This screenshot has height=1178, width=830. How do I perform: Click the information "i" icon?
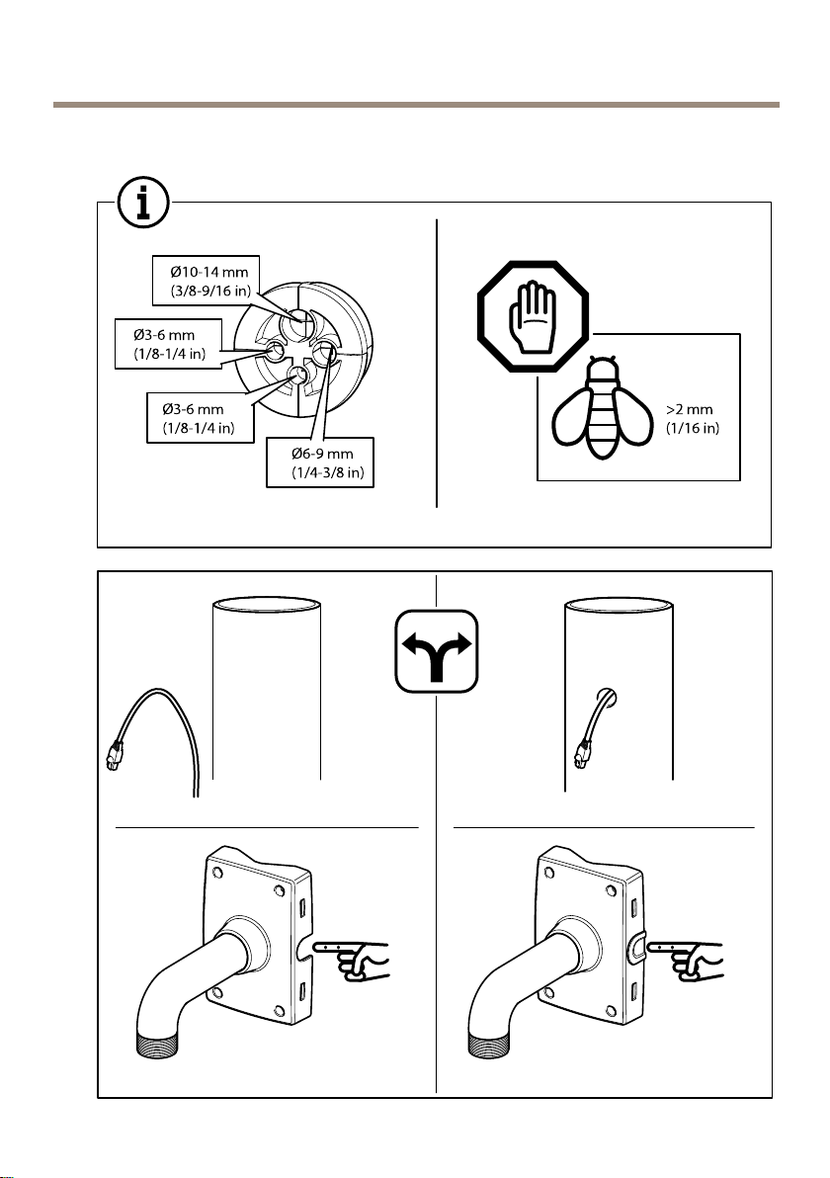coord(142,202)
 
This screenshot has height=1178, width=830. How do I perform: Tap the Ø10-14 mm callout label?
coord(206,281)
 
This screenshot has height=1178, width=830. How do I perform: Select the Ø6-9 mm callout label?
coord(320,463)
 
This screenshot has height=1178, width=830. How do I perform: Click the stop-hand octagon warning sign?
coord(533,317)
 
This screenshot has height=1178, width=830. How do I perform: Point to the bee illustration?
coord(601,408)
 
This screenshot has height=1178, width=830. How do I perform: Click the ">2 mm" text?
coord(690,409)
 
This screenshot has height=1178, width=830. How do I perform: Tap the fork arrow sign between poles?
coord(437,650)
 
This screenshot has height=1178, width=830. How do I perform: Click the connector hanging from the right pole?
coord(581,753)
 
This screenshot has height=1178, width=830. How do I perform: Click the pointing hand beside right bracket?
coord(686,959)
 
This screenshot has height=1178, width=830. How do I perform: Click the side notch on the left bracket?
coord(303,951)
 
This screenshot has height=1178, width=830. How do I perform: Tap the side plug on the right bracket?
coord(634,949)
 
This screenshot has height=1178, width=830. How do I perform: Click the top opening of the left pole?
coord(267,603)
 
